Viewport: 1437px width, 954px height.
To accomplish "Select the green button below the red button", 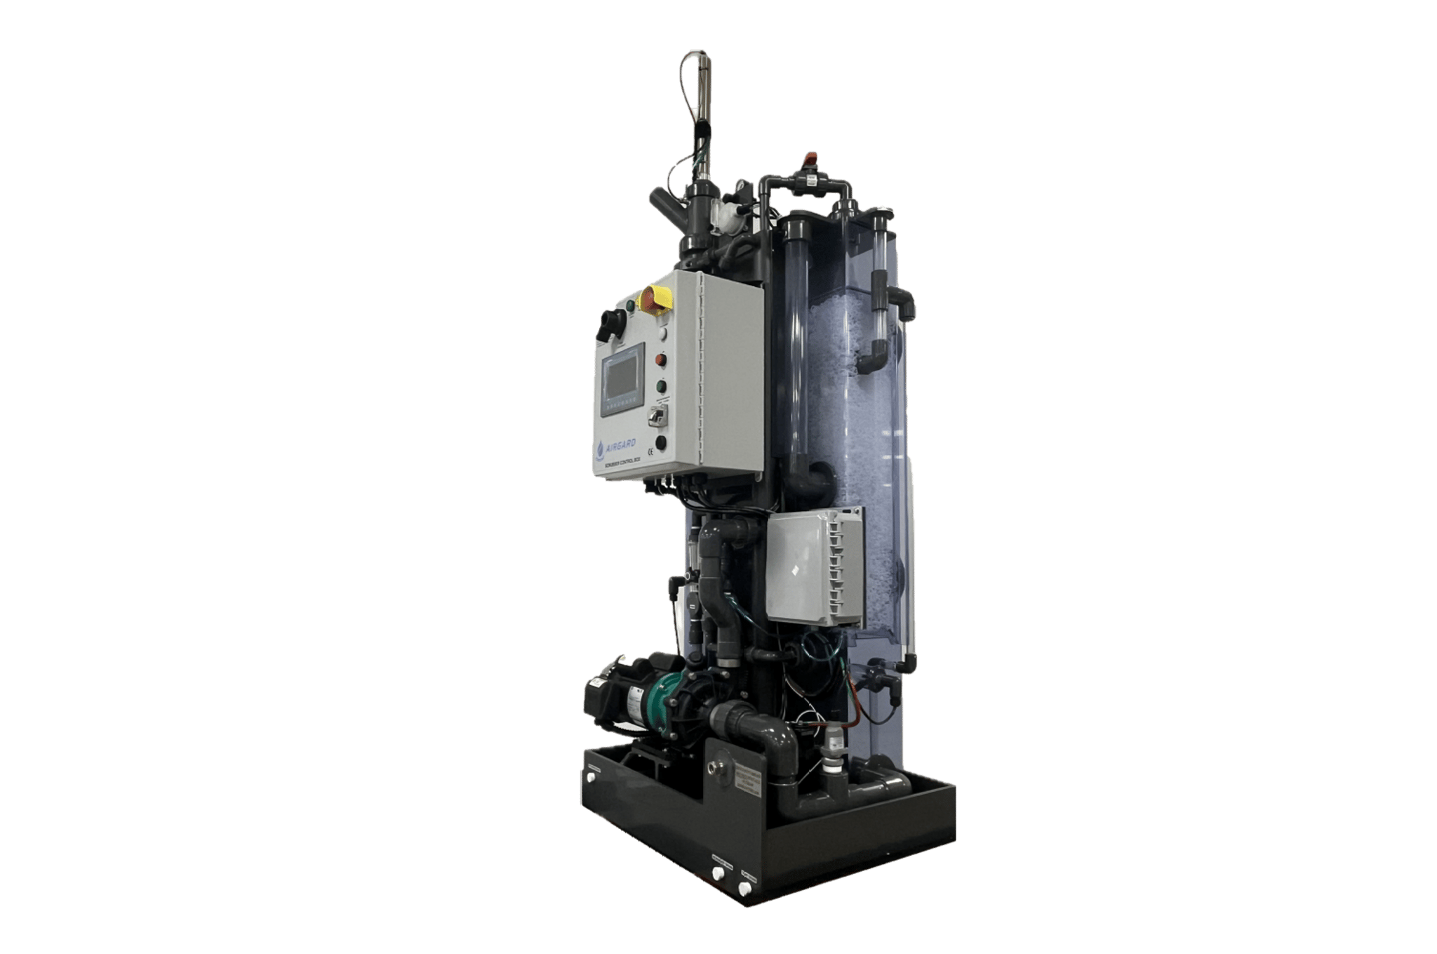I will click(660, 385).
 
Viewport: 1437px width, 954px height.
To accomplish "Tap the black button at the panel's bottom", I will click(660, 442).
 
